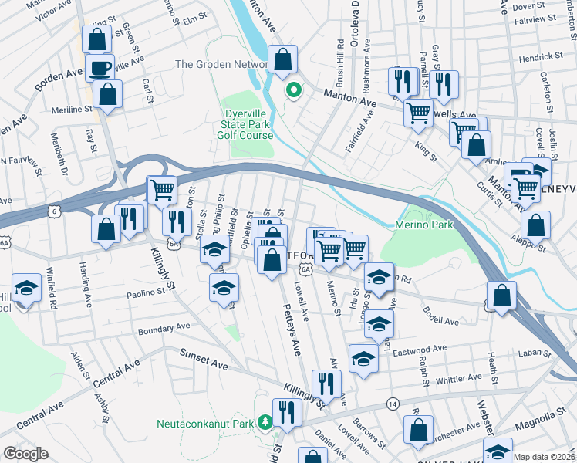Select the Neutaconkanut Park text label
click(x=205, y=424)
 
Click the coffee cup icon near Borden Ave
click(x=100, y=67)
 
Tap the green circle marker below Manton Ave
click(x=293, y=90)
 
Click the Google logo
click(x=26, y=454)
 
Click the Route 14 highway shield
click(x=393, y=404)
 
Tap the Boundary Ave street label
click(x=164, y=328)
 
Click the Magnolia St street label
click(x=545, y=417)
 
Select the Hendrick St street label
click(x=540, y=57)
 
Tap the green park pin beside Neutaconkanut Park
click(x=265, y=422)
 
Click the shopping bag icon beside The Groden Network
click(x=283, y=59)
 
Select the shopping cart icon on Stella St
click(x=161, y=189)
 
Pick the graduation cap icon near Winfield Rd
click(x=27, y=289)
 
